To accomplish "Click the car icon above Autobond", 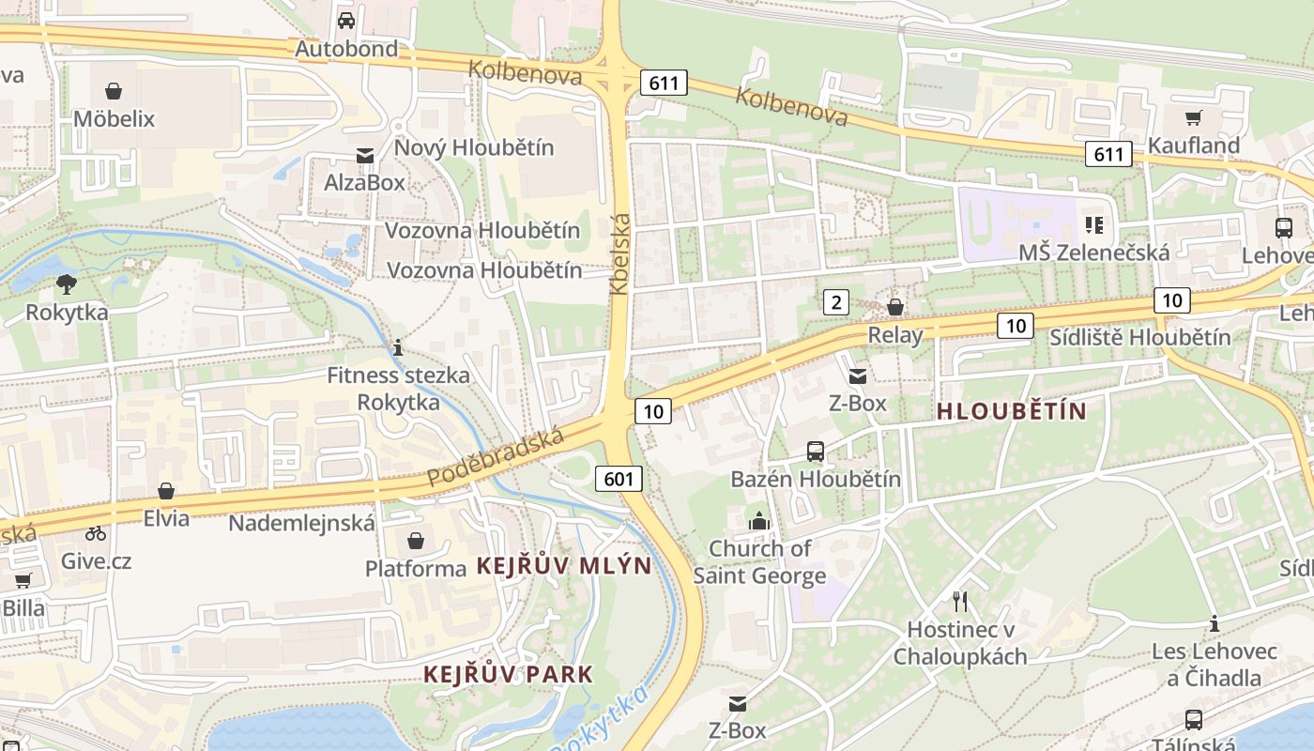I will pyautogui.click(x=346, y=20).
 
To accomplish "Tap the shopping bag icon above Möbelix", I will pyautogui.click(x=114, y=91).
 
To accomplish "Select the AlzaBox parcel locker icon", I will pyautogui.click(x=364, y=155).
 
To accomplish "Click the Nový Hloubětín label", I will pyautogui.click(x=474, y=147).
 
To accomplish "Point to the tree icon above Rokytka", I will pyautogui.click(x=67, y=284).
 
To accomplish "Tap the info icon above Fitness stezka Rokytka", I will pyautogui.click(x=398, y=348).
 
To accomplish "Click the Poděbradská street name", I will pyautogui.click(x=496, y=457).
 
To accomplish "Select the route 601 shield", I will pyautogui.click(x=619, y=479).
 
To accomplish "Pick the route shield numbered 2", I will pyautogui.click(x=835, y=302).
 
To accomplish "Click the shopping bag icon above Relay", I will pyautogui.click(x=895, y=307).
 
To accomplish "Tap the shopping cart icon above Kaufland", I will pyautogui.click(x=1194, y=117).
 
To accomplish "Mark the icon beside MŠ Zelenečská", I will pyautogui.click(x=1094, y=225).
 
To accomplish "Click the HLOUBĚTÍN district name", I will pyautogui.click(x=1012, y=411).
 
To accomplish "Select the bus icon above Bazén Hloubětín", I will pyautogui.click(x=816, y=452).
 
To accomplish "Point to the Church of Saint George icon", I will pyautogui.click(x=759, y=520).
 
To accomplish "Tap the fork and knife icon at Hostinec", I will pyautogui.click(x=959, y=602).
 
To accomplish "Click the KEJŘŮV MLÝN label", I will pyautogui.click(x=564, y=566).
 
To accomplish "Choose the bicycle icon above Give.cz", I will pyautogui.click(x=96, y=533).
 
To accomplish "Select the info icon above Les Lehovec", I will pyautogui.click(x=1215, y=623).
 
